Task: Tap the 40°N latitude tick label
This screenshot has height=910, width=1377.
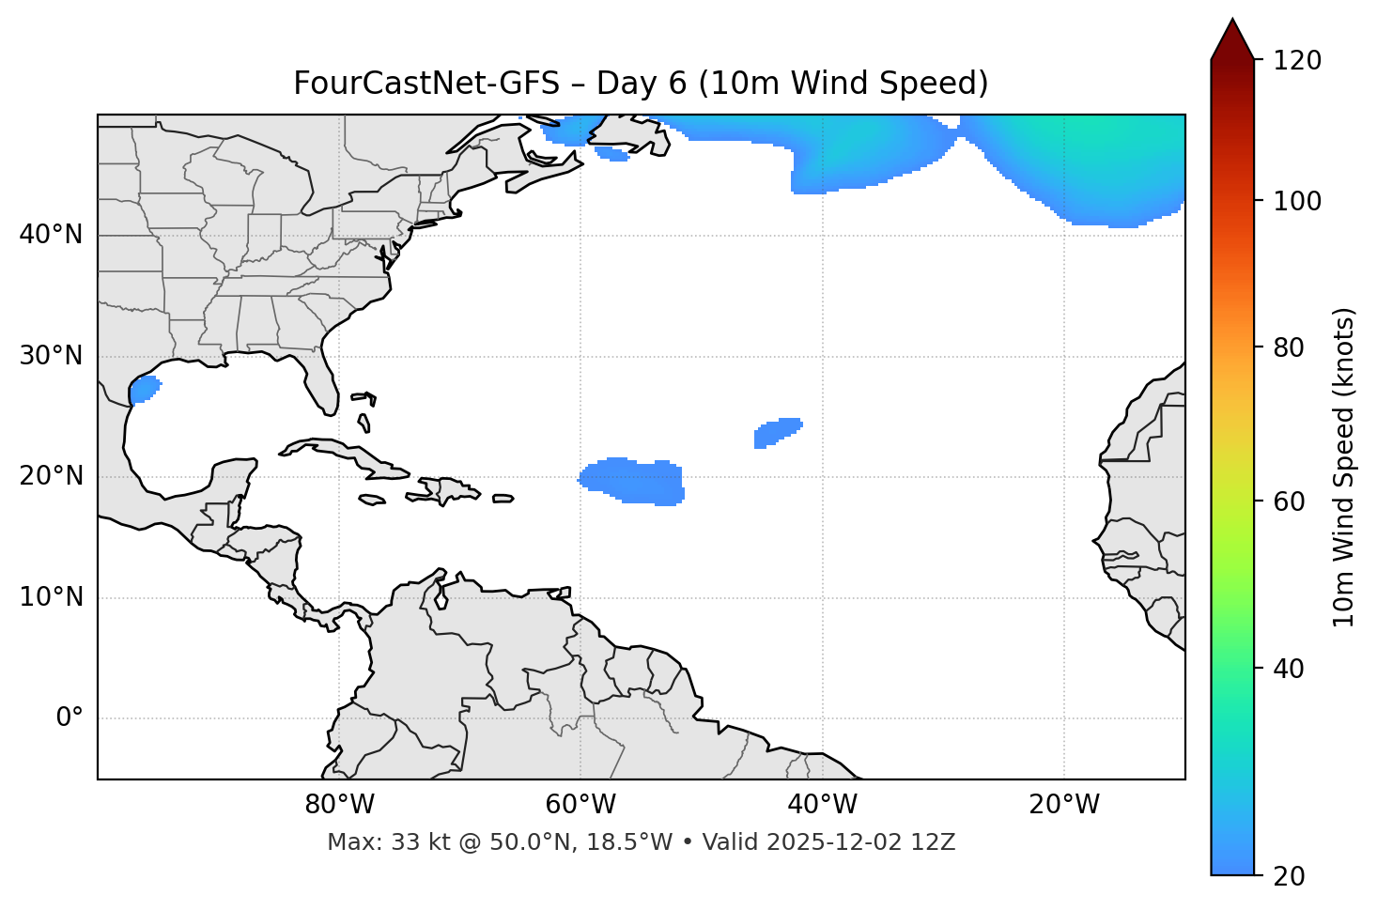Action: [51, 235]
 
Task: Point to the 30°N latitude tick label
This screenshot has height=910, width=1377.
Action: [51, 356]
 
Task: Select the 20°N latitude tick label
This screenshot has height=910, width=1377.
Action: [51, 477]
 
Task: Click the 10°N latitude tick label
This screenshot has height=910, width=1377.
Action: [51, 597]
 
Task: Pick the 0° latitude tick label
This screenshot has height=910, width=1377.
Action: [69, 718]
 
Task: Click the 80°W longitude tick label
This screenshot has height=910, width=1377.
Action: [339, 805]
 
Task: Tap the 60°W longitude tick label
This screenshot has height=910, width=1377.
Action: [580, 805]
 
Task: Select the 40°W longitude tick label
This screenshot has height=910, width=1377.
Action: [822, 805]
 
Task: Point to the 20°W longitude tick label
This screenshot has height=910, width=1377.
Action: [1063, 805]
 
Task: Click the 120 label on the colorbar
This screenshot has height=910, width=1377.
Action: [1297, 61]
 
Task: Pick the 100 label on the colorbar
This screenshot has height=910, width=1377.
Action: [1297, 201]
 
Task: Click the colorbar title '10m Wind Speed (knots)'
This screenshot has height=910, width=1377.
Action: [1344, 467]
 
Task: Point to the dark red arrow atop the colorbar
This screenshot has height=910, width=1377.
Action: [1232, 40]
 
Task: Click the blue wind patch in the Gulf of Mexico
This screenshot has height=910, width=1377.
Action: [144, 389]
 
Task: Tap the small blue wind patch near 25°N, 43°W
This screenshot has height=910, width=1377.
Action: [776, 432]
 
